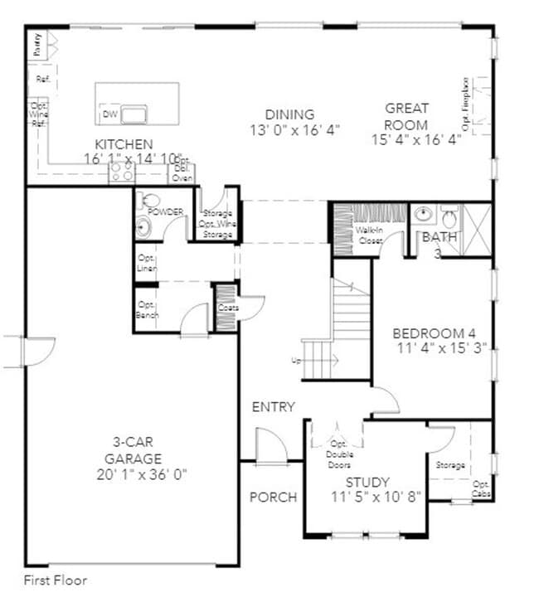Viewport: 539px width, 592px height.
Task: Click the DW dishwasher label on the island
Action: (x=109, y=114)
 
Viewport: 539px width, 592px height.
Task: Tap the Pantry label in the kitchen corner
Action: (x=36, y=44)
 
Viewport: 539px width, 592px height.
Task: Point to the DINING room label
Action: (x=289, y=114)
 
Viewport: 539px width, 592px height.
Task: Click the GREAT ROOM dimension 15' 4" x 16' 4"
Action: (x=416, y=140)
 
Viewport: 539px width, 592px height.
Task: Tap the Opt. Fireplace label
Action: (x=466, y=104)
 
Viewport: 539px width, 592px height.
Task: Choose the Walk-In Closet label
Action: (x=370, y=235)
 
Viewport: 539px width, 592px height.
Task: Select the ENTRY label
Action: (x=274, y=406)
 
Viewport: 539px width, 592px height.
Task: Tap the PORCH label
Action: (x=273, y=497)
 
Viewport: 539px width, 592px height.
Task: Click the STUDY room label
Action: (x=367, y=481)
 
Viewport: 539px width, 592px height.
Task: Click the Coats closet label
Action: (x=228, y=308)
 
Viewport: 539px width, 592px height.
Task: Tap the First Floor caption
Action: (x=55, y=580)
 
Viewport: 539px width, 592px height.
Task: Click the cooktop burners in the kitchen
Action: (x=123, y=172)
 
